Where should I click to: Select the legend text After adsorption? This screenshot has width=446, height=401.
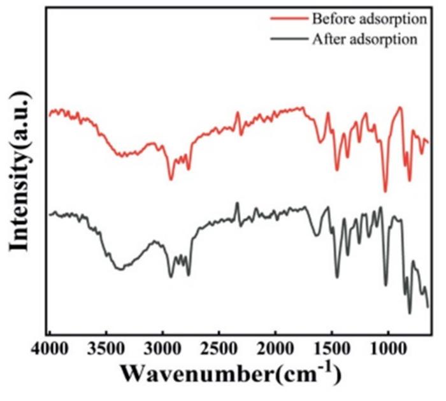(x=364, y=39)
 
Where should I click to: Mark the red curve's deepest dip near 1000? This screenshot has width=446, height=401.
(x=385, y=191)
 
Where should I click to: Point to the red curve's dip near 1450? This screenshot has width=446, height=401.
(x=337, y=170)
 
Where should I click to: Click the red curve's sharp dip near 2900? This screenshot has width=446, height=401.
(x=171, y=179)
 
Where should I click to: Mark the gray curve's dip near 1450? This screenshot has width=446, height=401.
(x=337, y=277)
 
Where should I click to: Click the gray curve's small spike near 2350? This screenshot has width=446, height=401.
(x=237, y=203)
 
